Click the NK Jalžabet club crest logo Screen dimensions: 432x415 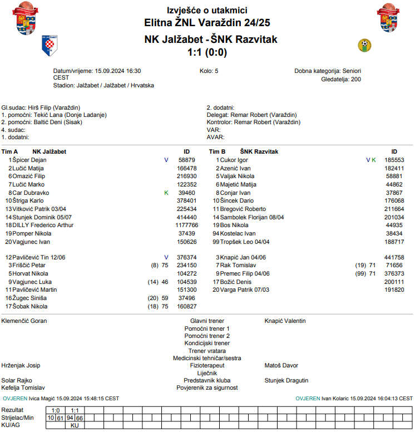(50, 46)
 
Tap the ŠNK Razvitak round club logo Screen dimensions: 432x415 (364, 45)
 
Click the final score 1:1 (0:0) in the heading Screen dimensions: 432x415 (207, 52)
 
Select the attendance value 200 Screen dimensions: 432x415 (355, 80)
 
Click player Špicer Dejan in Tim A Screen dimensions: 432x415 (29, 160)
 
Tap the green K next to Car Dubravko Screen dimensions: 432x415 (166, 193)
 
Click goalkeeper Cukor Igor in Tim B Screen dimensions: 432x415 (234, 160)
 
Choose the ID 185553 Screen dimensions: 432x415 (394, 160)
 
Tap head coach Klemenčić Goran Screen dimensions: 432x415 (24, 321)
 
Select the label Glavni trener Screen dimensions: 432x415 (207, 321)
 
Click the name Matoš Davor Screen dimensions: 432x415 (281, 366)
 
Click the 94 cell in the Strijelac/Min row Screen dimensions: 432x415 (70, 418)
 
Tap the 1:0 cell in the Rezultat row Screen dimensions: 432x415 (55, 410)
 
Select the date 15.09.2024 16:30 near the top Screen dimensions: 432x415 (118, 71)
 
